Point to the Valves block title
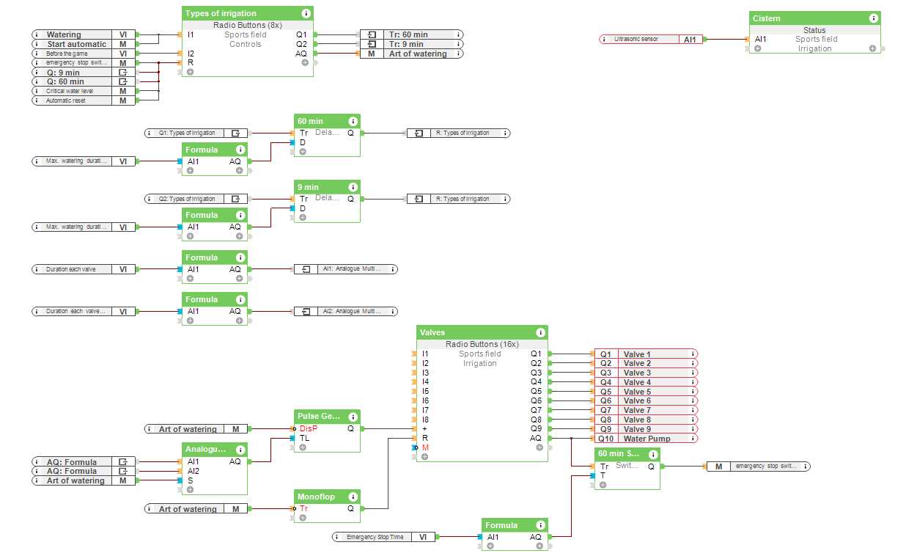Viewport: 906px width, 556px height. [x=432, y=332]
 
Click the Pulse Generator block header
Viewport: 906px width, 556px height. [x=318, y=416]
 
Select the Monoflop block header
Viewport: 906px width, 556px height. [x=316, y=497]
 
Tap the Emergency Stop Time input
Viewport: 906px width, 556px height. [x=375, y=537]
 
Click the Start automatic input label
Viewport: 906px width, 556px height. [x=76, y=44]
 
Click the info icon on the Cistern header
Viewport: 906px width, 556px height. [x=874, y=18]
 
